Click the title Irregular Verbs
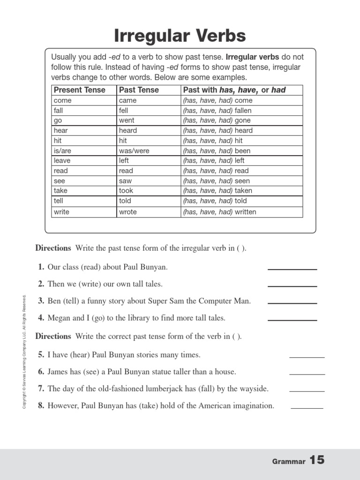180,35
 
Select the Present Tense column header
79,90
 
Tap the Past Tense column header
139,90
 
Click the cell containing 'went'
127,120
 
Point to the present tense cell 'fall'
59,111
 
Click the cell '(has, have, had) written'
219,212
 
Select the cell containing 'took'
126,191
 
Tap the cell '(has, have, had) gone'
217,120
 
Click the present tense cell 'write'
61,212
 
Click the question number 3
41,301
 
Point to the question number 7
41,389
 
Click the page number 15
316,460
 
